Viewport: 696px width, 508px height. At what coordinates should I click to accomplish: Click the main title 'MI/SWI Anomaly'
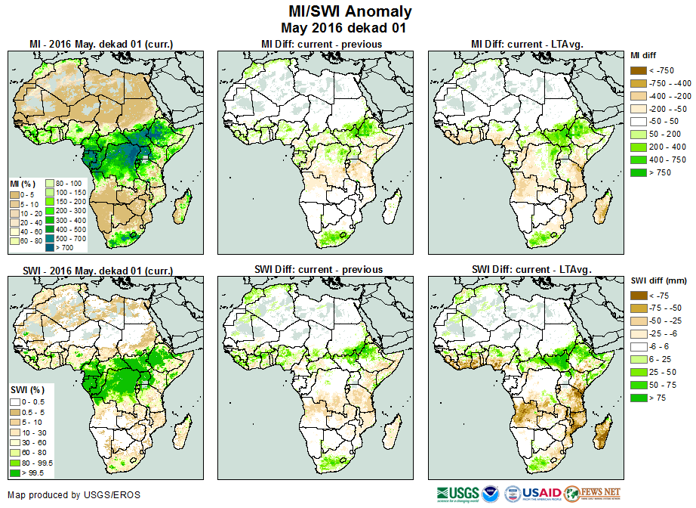(x=350, y=11)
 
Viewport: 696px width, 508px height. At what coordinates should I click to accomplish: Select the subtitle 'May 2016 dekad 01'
(x=350, y=28)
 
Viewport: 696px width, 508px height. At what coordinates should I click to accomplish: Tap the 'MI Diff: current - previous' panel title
(x=320, y=44)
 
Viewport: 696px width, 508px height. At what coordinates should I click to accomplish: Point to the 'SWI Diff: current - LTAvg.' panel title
(x=531, y=269)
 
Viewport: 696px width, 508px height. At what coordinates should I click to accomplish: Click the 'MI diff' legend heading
(x=645, y=55)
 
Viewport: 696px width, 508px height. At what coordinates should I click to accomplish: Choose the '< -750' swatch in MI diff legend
(x=639, y=70)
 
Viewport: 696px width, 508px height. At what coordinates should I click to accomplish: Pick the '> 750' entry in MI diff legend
(x=639, y=173)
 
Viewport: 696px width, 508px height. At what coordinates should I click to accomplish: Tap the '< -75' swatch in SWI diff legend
(x=639, y=296)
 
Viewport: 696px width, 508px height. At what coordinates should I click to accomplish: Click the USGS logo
(x=457, y=494)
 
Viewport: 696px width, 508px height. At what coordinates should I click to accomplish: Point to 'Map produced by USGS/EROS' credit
(x=74, y=495)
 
